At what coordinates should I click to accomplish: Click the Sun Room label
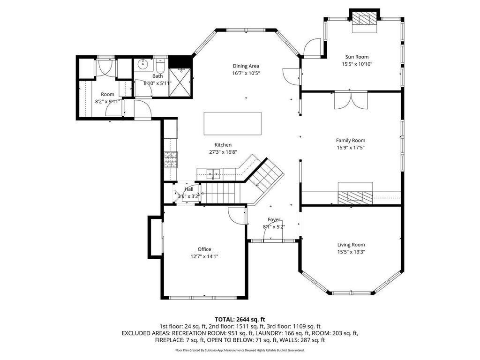[357, 57]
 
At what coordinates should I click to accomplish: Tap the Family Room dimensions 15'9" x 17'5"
[351, 148]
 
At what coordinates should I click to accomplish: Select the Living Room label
[351, 245]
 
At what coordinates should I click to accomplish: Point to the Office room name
[204, 249]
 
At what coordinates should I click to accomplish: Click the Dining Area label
[246, 66]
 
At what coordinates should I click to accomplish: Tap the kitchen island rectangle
[232, 123]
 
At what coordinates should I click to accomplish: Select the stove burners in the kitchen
[171, 160]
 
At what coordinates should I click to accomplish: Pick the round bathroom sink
[142, 65]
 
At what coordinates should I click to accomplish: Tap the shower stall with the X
[180, 82]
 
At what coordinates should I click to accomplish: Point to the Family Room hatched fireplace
[355, 198]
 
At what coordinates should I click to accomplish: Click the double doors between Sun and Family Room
[351, 100]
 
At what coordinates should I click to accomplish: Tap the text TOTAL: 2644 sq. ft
[240, 320]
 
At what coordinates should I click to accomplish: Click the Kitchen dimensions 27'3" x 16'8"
[223, 152]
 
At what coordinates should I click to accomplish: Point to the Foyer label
[274, 219]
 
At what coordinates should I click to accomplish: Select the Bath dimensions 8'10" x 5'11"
[157, 83]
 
